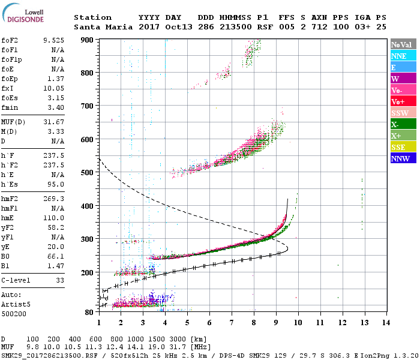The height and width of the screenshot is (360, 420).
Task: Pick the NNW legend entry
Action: tap(401, 158)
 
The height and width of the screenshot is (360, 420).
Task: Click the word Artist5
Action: tap(17, 304)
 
